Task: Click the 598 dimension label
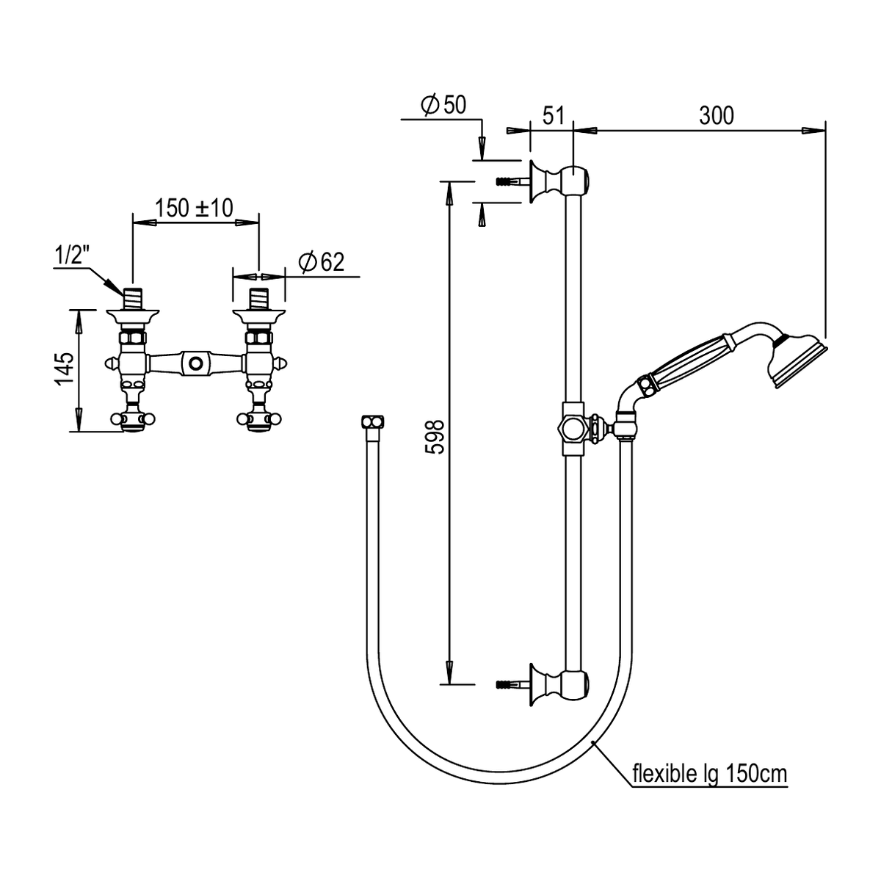(x=435, y=437)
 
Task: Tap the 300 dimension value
(x=717, y=116)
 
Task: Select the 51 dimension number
(x=554, y=116)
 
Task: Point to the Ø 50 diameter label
(x=443, y=105)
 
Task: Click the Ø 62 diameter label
(x=321, y=262)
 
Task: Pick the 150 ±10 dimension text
(x=195, y=208)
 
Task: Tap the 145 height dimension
(x=65, y=369)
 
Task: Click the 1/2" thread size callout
(x=70, y=254)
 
